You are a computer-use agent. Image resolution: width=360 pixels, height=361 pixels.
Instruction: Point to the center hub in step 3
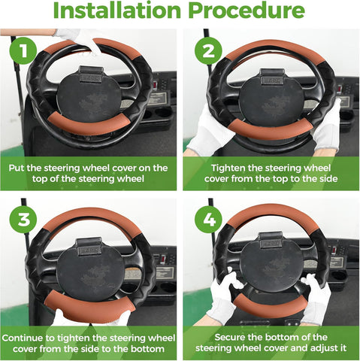(90, 269)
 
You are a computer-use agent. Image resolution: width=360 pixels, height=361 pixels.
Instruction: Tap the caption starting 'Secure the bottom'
(272, 343)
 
